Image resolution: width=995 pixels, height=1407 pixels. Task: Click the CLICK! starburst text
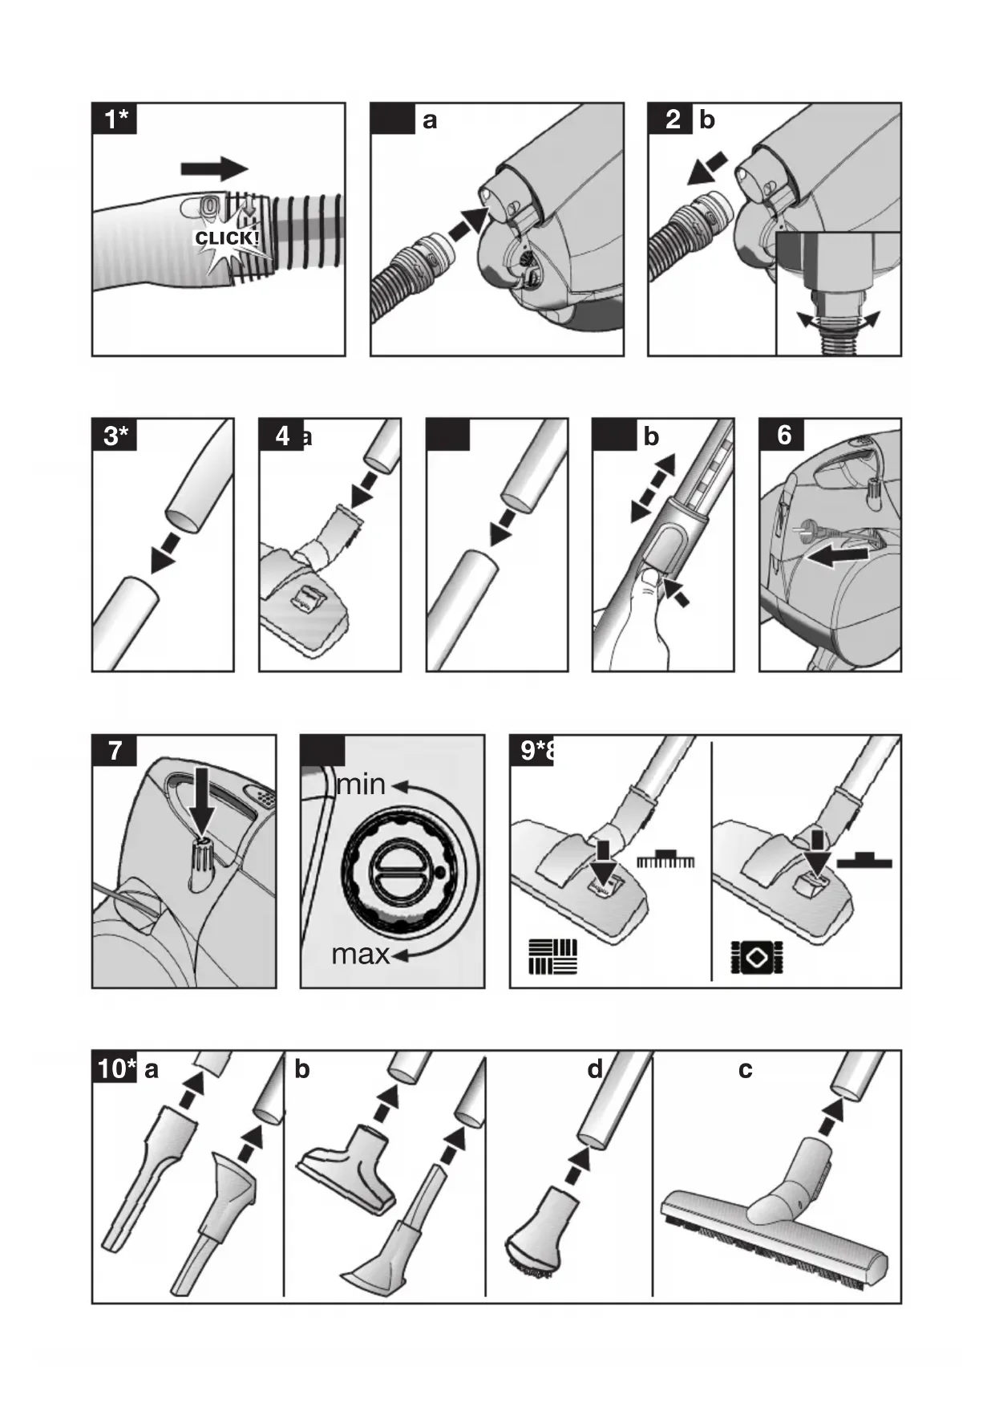(227, 238)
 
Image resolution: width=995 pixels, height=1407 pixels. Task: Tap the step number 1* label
(116, 120)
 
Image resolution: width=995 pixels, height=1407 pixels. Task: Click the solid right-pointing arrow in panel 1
(214, 168)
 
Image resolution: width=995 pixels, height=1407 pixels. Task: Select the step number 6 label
(784, 435)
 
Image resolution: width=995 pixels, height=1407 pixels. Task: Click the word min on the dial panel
(361, 784)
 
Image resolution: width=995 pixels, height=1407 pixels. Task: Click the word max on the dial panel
(360, 954)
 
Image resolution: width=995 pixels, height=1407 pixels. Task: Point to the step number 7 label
(115, 751)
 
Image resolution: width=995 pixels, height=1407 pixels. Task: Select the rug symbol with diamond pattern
(756, 958)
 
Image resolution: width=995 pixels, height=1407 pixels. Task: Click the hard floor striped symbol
(552, 956)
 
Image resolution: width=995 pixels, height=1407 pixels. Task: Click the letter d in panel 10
(594, 1068)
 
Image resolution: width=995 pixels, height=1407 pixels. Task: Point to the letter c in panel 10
(745, 1070)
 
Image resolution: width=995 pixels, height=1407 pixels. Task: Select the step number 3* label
(116, 436)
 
